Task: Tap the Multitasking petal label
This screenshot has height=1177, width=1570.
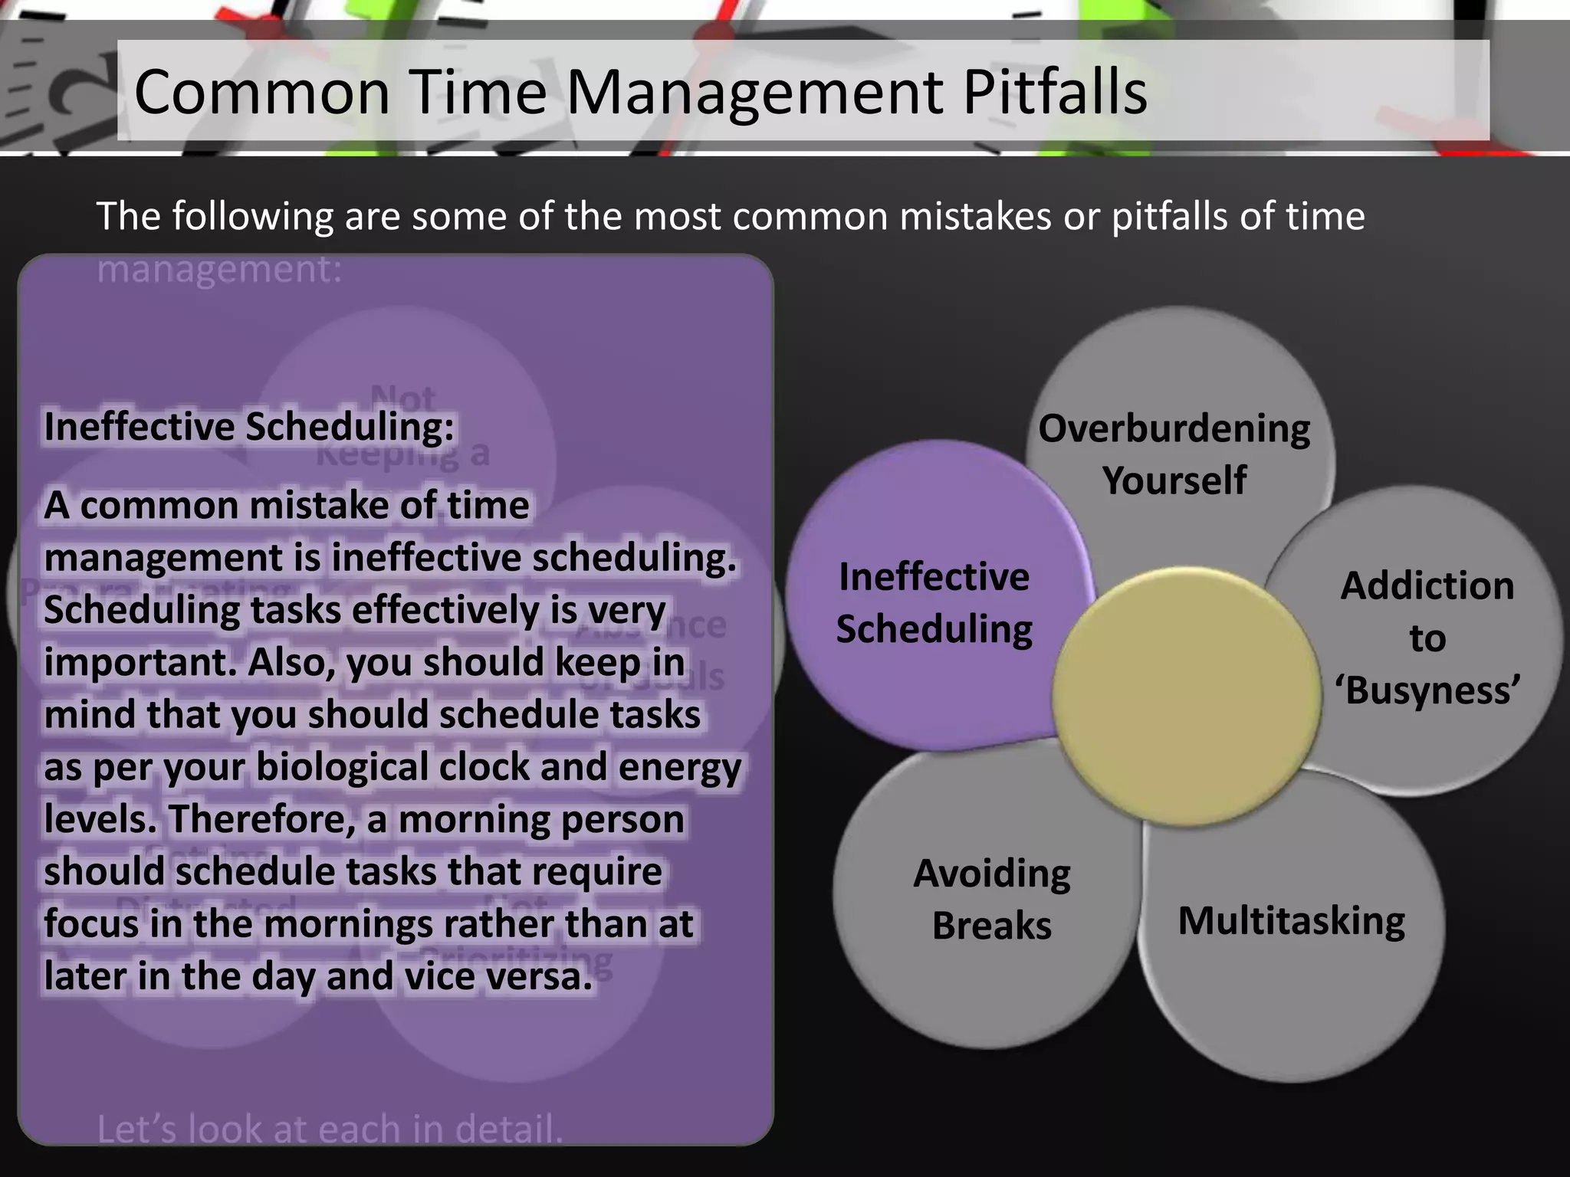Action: tap(1291, 920)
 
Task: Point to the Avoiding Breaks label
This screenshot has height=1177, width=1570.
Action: tap(991, 899)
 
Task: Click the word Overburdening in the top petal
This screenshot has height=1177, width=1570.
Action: tap(1174, 428)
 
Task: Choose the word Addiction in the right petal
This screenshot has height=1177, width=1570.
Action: tap(1427, 586)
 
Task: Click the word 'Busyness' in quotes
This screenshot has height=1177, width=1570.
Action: tap(1427, 690)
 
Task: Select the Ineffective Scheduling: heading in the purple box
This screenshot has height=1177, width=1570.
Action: tap(249, 427)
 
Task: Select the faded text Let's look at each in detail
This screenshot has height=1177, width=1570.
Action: tap(330, 1129)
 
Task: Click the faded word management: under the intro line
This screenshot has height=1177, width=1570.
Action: tap(219, 269)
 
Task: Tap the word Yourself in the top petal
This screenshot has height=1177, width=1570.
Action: tap(1174, 480)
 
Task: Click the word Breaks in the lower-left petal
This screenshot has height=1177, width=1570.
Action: tap(991, 926)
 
